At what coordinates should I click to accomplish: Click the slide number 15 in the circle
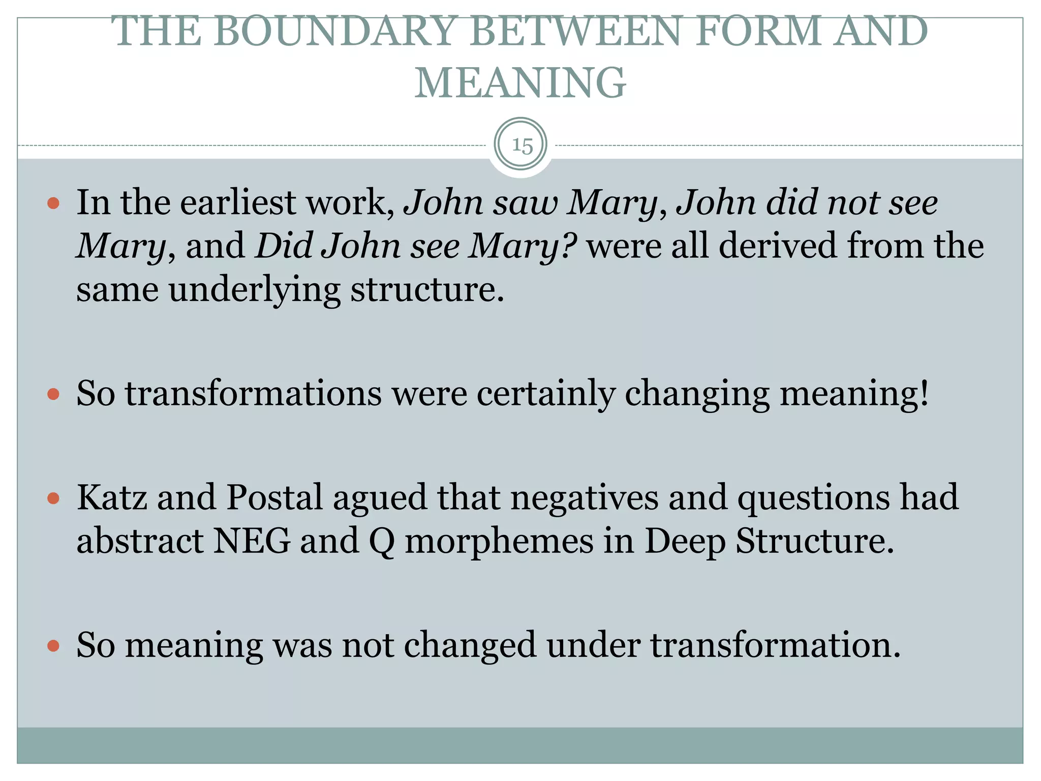click(x=522, y=146)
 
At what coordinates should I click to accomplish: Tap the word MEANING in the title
click(x=520, y=83)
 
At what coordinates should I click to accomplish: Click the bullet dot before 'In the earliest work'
click(x=53, y=204)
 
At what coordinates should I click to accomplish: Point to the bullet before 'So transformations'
click(x=53, y=394)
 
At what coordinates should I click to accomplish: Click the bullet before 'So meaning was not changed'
click(x=53, y=646)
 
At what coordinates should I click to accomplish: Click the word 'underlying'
click(x=254, y=290)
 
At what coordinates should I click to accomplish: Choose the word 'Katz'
click(x=112, y=497)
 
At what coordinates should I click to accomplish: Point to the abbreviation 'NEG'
click(x=252, y=540)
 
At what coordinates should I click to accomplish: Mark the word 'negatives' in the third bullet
click(x=585, y=497)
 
